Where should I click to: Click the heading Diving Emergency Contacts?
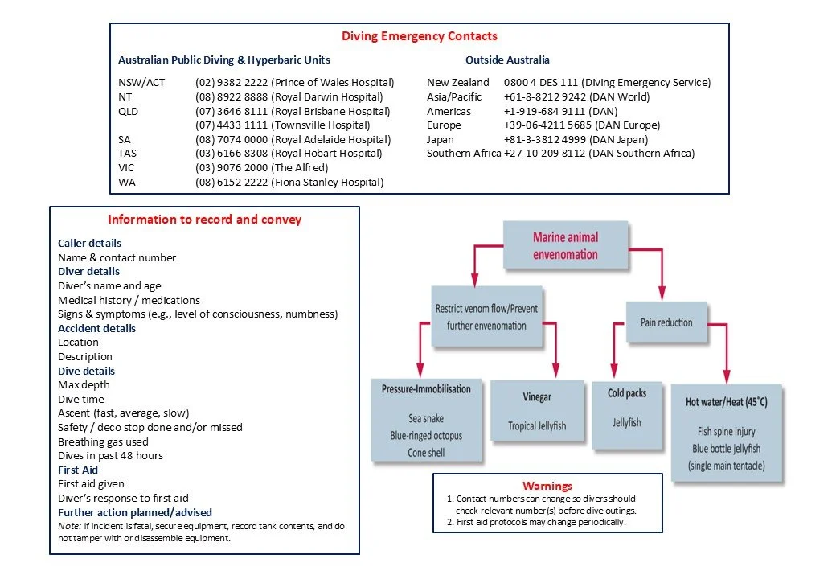click(419, 36)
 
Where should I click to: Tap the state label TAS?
click(127, 154)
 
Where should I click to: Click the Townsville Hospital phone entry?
click(282, 125)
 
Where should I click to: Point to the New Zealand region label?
click(457, 82)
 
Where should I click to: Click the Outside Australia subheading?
click(507, 60)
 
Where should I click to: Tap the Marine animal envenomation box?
click(565, 246)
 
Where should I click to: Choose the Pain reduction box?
click(666, 322)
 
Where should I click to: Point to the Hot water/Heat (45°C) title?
click(726, 402)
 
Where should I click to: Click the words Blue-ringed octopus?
click(425, 436)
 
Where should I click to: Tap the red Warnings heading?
click(547, 486)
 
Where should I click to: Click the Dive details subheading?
click(86, 371)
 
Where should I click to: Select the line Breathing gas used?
click(103, 441)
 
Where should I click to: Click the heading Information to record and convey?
click(204, 219)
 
